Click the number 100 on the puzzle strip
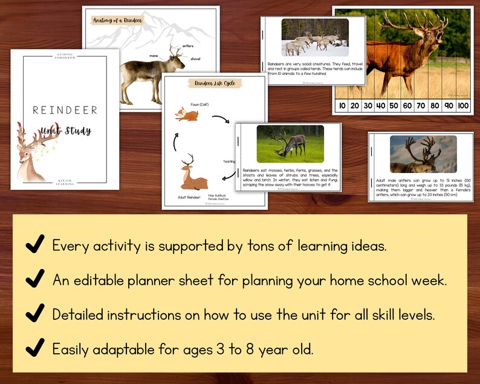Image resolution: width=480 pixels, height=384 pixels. [462, 106]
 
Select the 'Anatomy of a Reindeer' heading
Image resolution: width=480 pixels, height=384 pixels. [117, 21]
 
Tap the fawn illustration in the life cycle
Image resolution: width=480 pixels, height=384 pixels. [183, 114]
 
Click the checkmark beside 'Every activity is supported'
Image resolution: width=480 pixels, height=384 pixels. [34, 245]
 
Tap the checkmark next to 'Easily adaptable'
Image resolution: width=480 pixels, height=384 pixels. [34, 348]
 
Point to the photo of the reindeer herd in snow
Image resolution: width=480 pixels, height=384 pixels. [314, 37]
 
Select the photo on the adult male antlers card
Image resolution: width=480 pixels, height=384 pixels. [423, 154]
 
